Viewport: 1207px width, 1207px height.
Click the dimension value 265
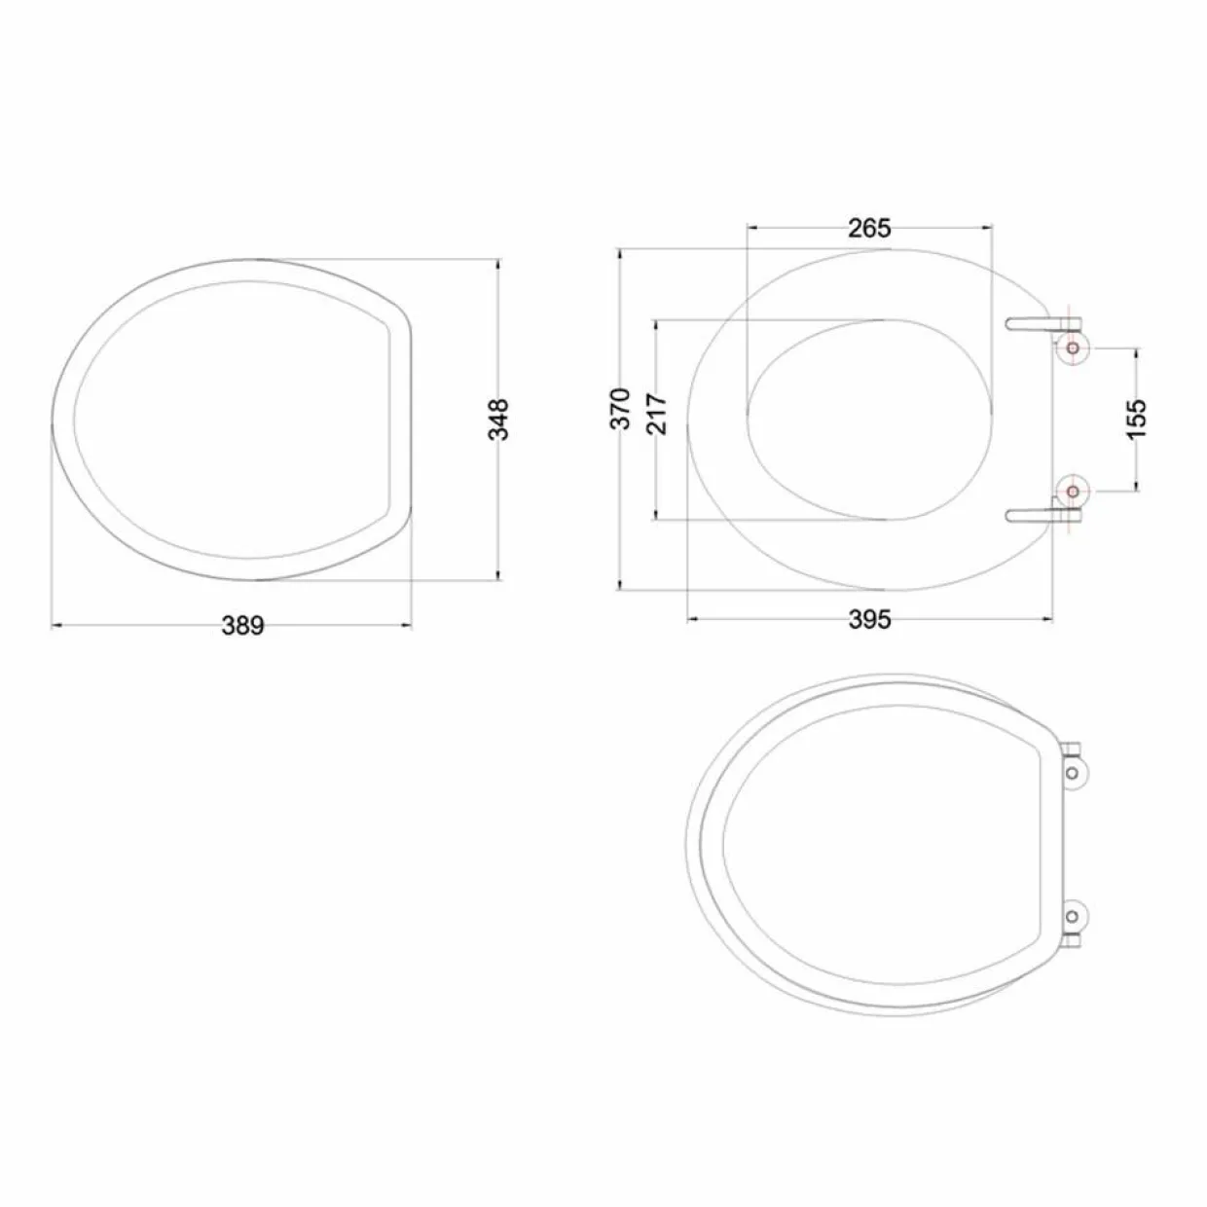(x=869, y=229)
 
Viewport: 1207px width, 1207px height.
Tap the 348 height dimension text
(x=498, y=420)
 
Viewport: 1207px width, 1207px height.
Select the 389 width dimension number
(x=243, y=626)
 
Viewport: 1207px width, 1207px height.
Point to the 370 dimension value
(x=621, y=409)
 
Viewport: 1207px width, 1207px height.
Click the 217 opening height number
(x=658, y=414)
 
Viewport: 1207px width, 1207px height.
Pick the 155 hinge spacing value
(x=1136, y=419)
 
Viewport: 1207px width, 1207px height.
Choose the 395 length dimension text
(x=869, y=619)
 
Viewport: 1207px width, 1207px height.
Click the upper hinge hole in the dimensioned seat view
(x=1073, y=347)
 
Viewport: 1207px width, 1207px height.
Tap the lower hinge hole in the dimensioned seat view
(x=1073, y=492)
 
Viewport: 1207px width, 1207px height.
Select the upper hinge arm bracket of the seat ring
(x=1042, y=324)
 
